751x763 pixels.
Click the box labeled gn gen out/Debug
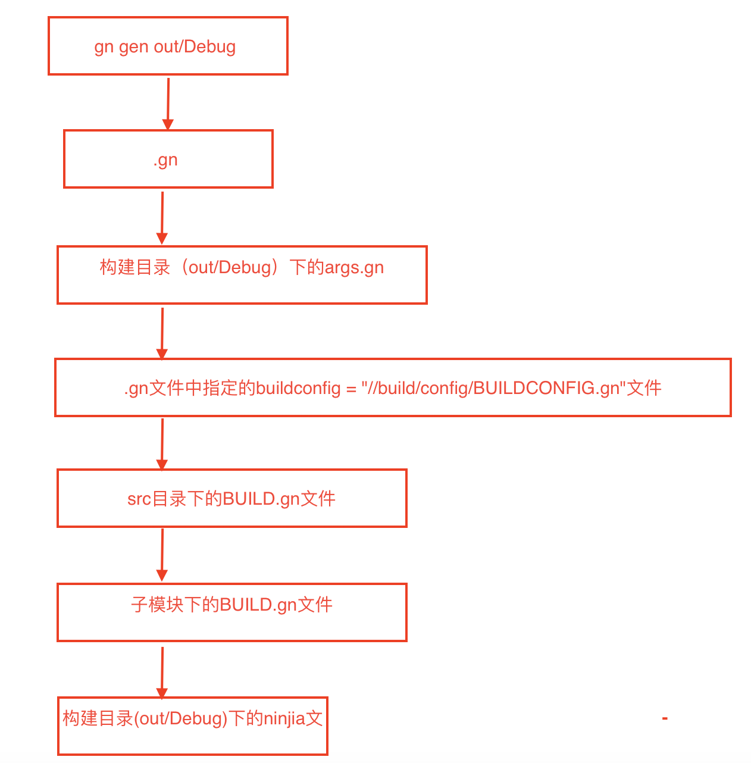tap(168, 46)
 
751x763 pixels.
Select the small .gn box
tap(168, 159)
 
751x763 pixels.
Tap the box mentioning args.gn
tap(242, 275)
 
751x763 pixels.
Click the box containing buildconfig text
tap(392, 387)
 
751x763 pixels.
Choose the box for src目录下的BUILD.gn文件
tap(231, 498)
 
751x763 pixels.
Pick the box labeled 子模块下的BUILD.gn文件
tap(231, 612)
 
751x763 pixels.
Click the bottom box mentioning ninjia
tap(192, 726)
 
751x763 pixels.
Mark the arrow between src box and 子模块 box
tap(162, 555)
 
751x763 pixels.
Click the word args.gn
tap(354, 268)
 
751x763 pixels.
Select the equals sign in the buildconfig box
tap(351, 389)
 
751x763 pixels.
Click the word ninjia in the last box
tap(284, 719)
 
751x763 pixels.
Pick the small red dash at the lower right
tap(665, 718)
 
